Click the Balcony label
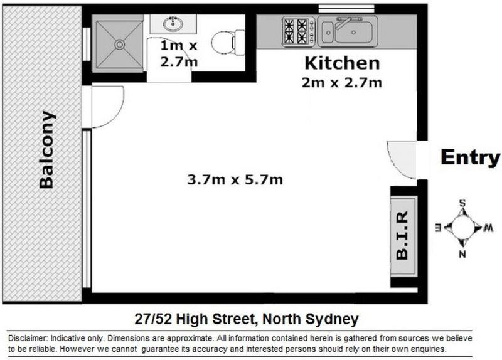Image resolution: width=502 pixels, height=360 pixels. (x=46, y=150)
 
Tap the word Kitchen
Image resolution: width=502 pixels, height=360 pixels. (x=342, y=63)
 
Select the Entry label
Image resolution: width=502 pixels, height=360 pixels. (x=470, y=157)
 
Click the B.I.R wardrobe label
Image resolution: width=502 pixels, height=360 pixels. (x=402, y=236)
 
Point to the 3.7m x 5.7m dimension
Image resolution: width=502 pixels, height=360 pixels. (x=235, y=179)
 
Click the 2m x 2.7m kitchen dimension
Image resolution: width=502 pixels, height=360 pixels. (x=341, y=83)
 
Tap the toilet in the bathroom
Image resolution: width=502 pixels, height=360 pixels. (x=228, y=42)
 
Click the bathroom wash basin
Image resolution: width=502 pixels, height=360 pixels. (x=173, y=23)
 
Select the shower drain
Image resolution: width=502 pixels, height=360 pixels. (x=119, y=44)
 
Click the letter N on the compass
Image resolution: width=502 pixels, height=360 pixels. (x=462, y=255)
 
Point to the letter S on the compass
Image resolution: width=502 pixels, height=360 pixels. (x=462, y=203)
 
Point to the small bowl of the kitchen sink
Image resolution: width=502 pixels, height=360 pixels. (x=327, y=33)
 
